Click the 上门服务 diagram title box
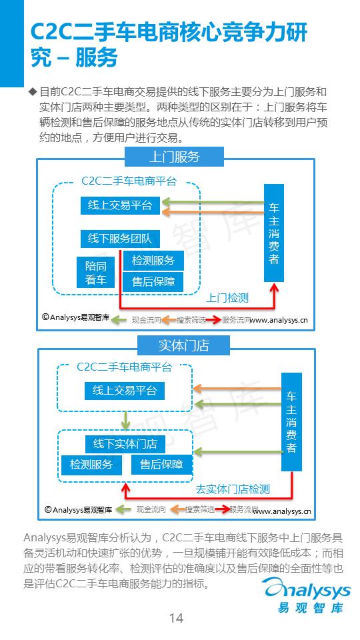pos(173,157)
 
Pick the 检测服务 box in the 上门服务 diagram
pos(153,261)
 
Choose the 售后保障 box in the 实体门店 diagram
pos(157,465)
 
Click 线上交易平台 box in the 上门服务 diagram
pos(120,205)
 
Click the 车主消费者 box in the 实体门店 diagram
pos(291,421)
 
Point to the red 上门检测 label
pos(227,297)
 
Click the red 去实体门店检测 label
pos(233,489)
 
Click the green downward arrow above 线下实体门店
pos(125,420)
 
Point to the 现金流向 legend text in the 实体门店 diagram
pos(151,509)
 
